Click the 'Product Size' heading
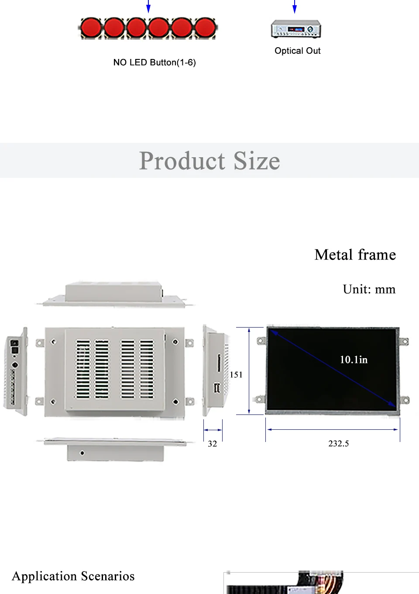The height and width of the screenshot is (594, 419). pyautogui.click(x=209, y=161)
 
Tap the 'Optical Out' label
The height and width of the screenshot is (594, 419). pyautogui.click(x=297, y=51)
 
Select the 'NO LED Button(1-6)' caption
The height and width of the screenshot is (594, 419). pyautogui.click(x=155, y=62)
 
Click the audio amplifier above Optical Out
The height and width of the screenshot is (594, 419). pyautogui.click(x=296, y=29)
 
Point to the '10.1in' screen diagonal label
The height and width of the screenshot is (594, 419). pyautogui.click(x=354, y=359)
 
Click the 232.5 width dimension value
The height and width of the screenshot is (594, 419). pyautogui.click(x=338, y=443)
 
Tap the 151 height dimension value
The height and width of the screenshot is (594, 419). pyautogui.click(x=236, y=375)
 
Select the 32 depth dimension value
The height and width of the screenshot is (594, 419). pyautogui.click(x=212, y=444)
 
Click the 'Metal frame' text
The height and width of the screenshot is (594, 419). pyautogui.click(x=355, y=255)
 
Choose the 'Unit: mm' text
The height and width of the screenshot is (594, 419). pyautogui.click(x=369, y=289)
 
